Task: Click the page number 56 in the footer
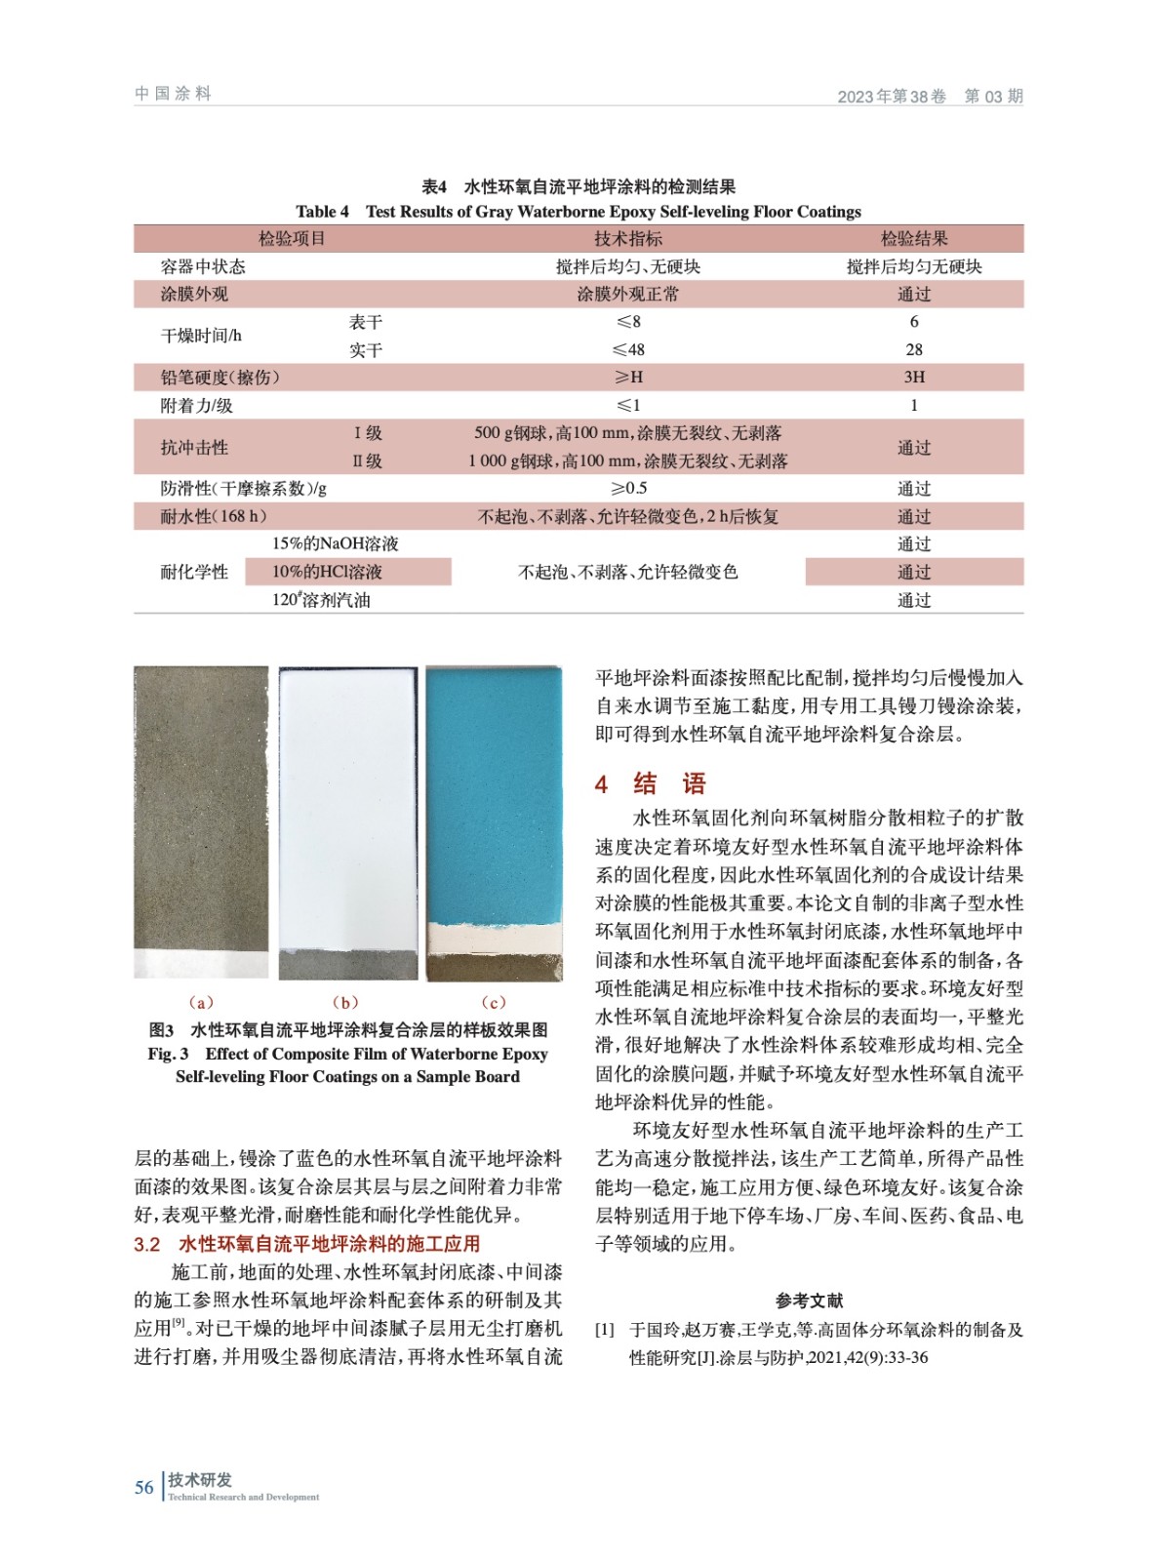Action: (144, 1487)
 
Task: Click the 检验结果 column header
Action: (913, 239)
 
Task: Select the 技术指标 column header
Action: (627, 239)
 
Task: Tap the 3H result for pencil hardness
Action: (913, 378)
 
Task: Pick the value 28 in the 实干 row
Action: (913, 349)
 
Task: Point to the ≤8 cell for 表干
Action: (627, 322)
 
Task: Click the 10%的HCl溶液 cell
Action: (327, 572)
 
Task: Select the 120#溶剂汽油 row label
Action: (321, 600)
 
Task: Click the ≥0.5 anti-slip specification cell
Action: (628, 489)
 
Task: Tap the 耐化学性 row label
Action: (194, 572)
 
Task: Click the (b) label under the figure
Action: (345, 1002)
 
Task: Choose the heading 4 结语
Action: (650, 783)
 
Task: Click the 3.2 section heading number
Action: (147, 1244)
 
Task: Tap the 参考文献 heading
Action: (809, 1301)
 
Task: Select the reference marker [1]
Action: (605, 1330)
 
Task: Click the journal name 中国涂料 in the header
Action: (174, 94)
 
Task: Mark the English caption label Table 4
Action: (322, 212)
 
